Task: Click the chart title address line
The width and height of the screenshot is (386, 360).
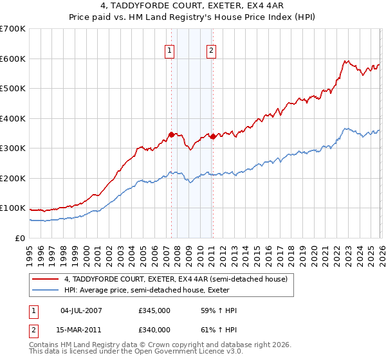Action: (192, 6)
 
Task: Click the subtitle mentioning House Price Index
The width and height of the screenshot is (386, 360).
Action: (192, 17)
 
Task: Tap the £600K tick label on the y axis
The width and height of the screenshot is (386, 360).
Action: (13, 59)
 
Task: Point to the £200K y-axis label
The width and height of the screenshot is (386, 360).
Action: (13, 178)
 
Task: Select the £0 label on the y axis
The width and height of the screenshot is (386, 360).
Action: (20, 238)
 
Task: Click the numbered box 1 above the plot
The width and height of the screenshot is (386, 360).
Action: (169, 51)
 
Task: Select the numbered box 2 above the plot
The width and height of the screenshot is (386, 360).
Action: (211, 51)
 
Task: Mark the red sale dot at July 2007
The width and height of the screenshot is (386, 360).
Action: (171, 134)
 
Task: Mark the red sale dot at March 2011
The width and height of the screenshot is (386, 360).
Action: (213, 136)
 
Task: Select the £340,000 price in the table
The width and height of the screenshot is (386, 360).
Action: (154, 330)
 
